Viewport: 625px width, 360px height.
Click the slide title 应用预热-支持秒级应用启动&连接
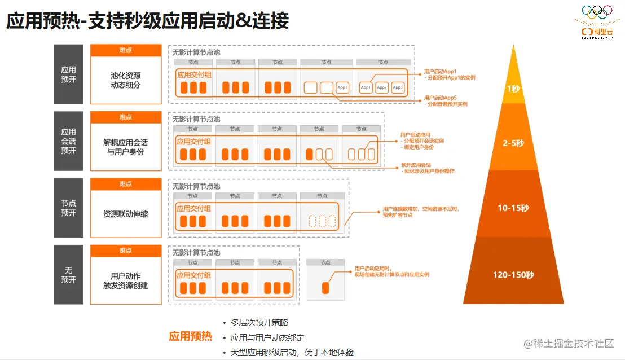148,21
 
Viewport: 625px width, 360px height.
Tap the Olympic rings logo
597,11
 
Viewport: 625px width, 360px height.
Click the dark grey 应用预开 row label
68,74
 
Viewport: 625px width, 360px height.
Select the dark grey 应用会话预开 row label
68,141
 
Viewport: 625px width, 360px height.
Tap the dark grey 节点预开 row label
68,208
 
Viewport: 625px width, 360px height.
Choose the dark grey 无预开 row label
68,275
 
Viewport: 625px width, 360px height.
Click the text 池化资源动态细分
125,80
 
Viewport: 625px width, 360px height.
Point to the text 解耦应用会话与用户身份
125,147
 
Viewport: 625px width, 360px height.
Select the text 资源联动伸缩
125,214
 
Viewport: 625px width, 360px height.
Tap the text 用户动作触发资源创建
125,280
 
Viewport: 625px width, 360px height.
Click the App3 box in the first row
398,87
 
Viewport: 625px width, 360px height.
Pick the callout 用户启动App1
440,72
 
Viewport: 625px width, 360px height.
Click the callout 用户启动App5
440,98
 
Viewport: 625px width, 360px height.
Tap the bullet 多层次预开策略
259,323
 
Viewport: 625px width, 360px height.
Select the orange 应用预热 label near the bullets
191,337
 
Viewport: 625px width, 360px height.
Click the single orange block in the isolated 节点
325,288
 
